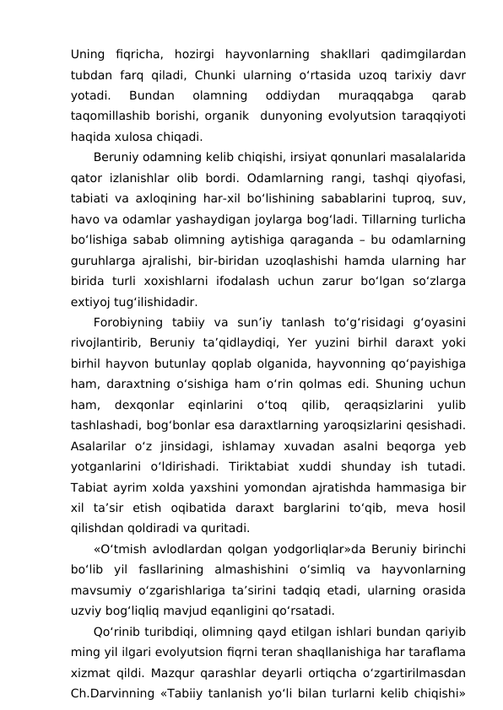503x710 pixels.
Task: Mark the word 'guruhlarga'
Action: tap(104, 257)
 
